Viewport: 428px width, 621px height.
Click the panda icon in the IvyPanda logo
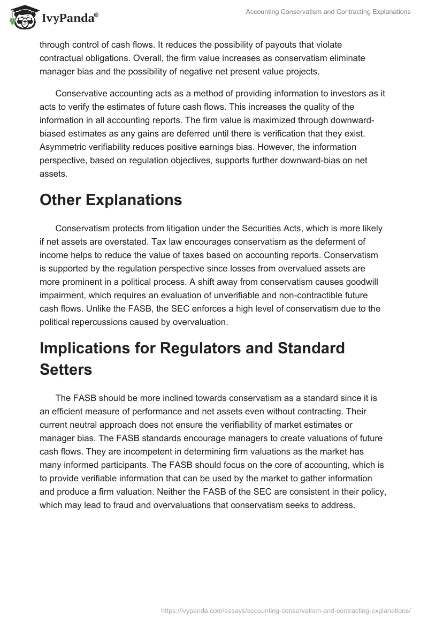coord(22,17)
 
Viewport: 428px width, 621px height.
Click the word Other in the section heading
coord(65,200)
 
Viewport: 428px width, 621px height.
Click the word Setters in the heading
coord(66,369)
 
